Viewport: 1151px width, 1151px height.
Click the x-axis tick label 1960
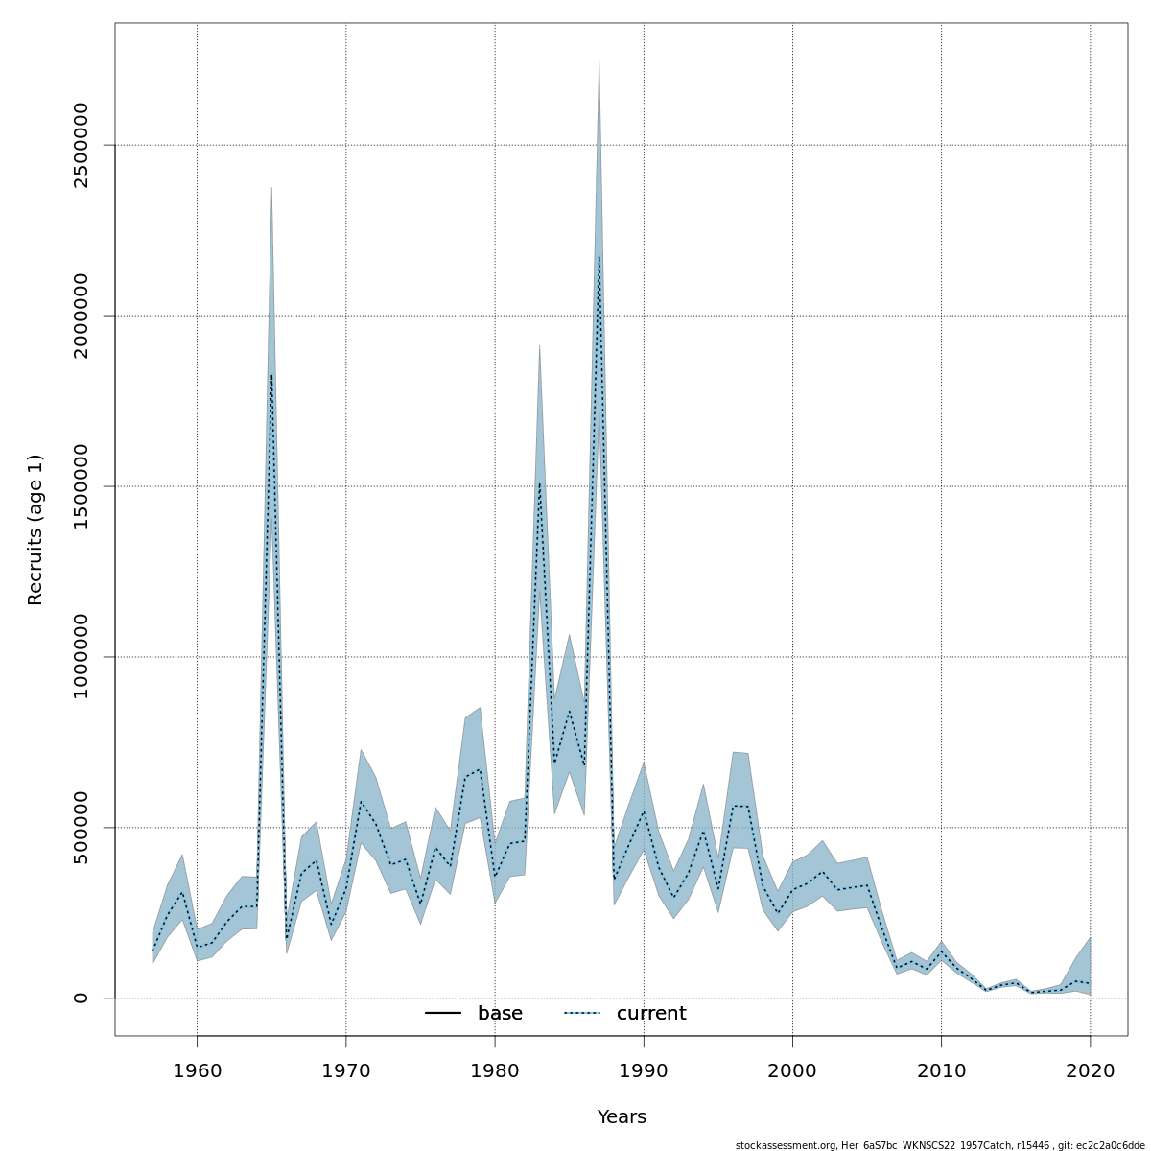click(x=197, y=1070)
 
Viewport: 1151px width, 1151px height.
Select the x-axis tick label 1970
click(x=345, y=1070)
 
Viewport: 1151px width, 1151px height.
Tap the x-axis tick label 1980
click(x=495, y=1070)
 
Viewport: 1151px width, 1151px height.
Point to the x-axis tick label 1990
click(x=644, y=1070)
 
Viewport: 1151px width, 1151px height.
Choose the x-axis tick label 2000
click(x=792, y=1070)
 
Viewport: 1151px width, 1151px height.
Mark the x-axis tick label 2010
click(x=941, y=1070)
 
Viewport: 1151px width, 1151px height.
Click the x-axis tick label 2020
click(x=1091, y=1070)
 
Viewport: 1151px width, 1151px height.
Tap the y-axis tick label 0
click(x=81, y=998)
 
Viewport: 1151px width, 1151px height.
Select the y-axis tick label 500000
click(x=81, y=827)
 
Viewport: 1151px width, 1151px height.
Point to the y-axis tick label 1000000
click(x=81, y=657)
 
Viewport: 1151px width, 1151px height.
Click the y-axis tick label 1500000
click(x=81, y=486)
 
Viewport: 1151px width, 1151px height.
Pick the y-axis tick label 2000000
click(x=81, y=316)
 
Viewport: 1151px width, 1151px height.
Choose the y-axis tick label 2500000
click(x=81, y=145)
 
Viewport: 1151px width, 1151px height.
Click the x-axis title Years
click(x=622, y=1117)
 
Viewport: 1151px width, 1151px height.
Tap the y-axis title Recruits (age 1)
click(x=35, y=529)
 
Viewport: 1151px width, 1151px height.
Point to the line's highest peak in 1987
click(x=599, y=256)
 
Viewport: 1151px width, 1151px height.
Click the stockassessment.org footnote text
click(x=940, y=1145)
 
